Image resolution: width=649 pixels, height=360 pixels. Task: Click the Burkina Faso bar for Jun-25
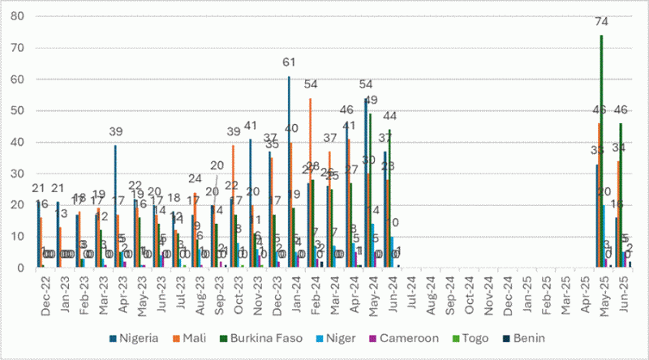621,195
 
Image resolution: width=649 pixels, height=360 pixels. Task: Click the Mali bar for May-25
599,195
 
